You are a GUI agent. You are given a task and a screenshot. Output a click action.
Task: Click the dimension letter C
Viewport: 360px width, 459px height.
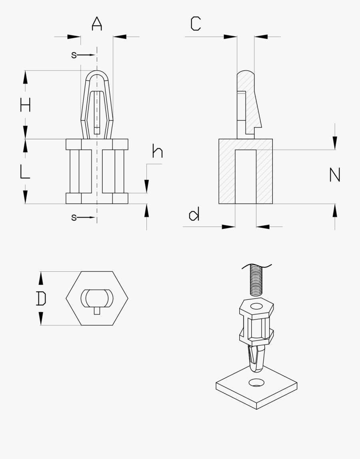pos(196,24)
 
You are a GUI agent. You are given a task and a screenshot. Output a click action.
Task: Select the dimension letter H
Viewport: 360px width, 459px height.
pos(26,105)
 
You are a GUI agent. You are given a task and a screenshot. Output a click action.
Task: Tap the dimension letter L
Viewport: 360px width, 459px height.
pos(25,172)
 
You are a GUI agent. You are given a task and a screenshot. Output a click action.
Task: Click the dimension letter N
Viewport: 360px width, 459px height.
pos(334,175)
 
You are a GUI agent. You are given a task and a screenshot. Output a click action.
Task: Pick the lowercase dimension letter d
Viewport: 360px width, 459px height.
pos(194,215)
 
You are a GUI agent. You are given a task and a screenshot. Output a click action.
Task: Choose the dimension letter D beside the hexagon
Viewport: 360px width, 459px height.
pos(41,299)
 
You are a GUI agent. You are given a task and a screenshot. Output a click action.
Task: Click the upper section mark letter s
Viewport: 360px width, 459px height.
pos(74,55)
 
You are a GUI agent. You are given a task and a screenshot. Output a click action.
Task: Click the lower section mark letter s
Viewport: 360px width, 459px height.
pos(74,217)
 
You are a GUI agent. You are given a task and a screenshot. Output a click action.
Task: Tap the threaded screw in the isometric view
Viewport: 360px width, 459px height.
pos(255,279)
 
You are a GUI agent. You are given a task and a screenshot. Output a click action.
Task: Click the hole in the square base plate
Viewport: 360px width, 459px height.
pos(256,383)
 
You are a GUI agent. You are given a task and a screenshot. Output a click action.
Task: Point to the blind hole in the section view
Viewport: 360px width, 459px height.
pos(246,176)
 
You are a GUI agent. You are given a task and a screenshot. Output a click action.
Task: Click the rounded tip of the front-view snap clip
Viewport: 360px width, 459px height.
pos(97,74)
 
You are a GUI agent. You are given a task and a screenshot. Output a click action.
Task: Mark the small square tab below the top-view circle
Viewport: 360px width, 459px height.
pos(97,310)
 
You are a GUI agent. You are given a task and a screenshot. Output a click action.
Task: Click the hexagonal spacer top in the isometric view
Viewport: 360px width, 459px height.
pos(257,307)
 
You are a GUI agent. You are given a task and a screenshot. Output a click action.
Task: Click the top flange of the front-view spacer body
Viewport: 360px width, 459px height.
pos(97,144)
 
